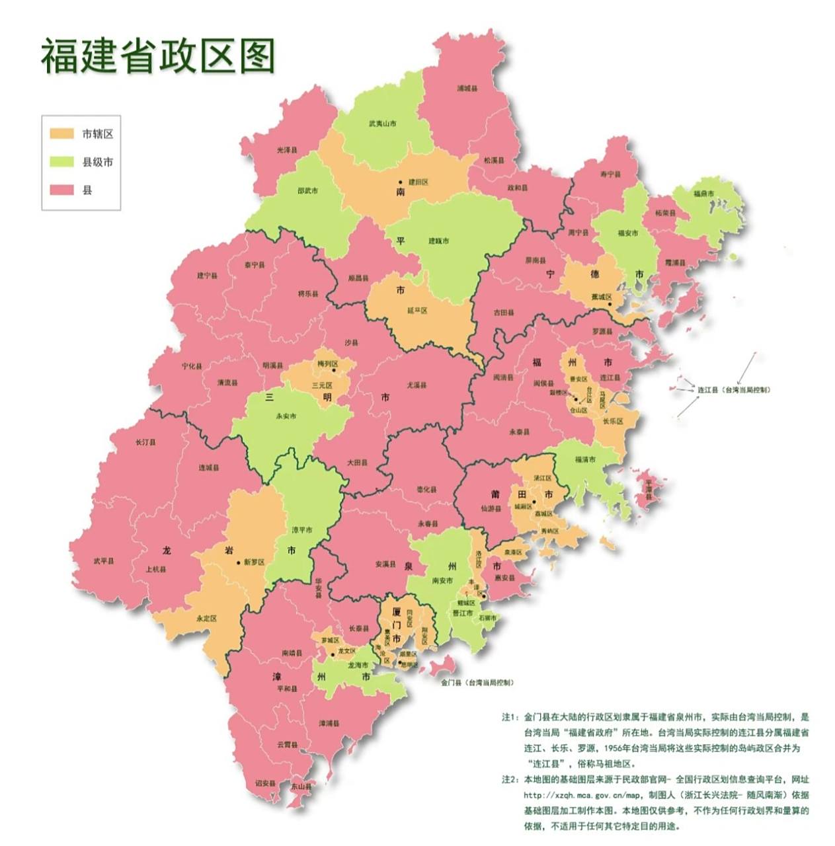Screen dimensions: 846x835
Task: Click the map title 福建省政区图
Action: click(157, 56)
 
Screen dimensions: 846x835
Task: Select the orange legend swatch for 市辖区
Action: click(61, 134)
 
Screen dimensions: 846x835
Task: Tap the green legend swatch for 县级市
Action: click(61, 162)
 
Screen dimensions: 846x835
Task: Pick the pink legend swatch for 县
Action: click(61, 190)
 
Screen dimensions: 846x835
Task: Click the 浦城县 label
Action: click(467, 88)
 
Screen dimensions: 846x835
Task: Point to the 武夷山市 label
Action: click(382, 124)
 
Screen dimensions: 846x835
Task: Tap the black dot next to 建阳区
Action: click(399, 182)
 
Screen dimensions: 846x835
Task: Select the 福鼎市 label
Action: click(703, 194)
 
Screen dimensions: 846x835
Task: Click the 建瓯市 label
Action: click(438, 241)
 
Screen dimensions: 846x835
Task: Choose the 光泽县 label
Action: click(287, 151)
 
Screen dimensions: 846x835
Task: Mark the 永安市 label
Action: click(286, 416)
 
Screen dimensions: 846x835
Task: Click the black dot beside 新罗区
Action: click(239, 562)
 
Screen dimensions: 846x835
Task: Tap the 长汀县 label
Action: click(145, 442)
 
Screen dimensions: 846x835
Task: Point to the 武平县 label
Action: click(103, 561)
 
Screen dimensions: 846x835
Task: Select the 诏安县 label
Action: click(265, 783)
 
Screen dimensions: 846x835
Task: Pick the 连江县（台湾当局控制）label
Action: click(734, 390)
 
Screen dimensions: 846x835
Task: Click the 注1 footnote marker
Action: click(508, 716)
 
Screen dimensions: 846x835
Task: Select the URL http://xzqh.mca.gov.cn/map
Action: click(575, 795)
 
